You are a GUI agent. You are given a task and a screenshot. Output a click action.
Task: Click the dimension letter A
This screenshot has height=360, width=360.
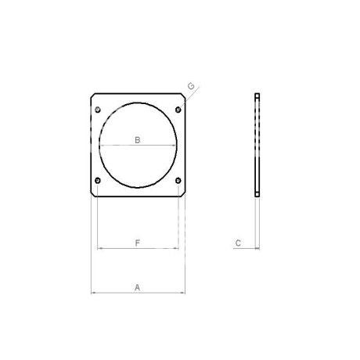pos(137,287)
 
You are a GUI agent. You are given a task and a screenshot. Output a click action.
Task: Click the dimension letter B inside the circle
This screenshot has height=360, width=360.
pos(138,140)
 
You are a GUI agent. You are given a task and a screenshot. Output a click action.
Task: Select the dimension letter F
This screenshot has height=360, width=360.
pos(138,243)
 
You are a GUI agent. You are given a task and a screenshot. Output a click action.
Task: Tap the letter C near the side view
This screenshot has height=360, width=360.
pos(238,243)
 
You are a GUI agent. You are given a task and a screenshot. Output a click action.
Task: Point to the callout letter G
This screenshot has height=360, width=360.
pos(191,86)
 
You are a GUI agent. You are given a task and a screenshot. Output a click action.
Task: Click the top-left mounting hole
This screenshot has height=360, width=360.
pos(98,110)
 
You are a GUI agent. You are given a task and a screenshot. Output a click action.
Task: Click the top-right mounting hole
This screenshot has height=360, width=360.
pos(178,110)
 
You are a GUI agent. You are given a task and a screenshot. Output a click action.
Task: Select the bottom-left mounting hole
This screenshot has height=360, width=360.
pos(98,180)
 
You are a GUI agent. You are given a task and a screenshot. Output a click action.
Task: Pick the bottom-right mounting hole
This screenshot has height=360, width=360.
pos(178,180)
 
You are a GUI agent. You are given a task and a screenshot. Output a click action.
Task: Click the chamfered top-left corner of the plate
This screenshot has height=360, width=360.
pos(92,95)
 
